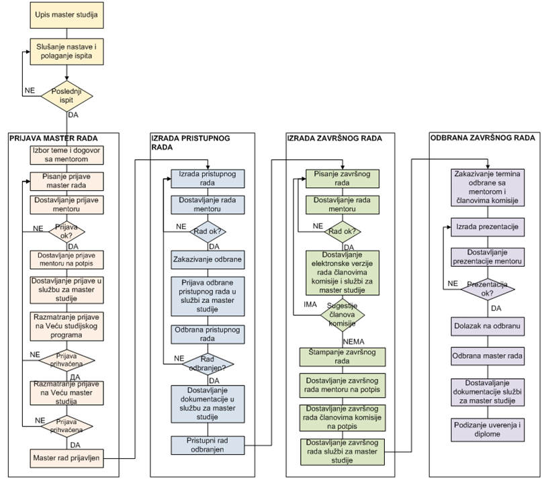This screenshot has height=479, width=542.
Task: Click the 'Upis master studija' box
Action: click(x=66, y=14)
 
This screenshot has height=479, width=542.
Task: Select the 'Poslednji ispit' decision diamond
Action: click(x=66, y=97)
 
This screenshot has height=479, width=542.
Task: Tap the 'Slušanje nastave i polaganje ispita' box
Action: click(x=66, y=52)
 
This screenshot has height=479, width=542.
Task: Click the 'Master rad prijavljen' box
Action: click(x=66, y=458)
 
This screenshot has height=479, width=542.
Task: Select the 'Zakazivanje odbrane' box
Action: click(x=206, y=259)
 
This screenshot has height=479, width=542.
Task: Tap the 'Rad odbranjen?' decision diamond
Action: click(x=206, y=363)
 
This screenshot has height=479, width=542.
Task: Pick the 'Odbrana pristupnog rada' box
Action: click(x=206, y=334)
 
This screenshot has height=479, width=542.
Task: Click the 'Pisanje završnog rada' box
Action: click(x=342, y=178)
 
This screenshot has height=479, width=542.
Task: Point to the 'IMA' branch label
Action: click(x=291, y=305)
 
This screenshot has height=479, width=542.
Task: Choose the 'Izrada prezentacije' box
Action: click(x=487, y=226)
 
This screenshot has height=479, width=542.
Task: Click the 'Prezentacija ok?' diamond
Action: click(x=487, y=288)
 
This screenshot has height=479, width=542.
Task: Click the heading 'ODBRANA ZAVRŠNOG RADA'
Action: click(x=482, y=138)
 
